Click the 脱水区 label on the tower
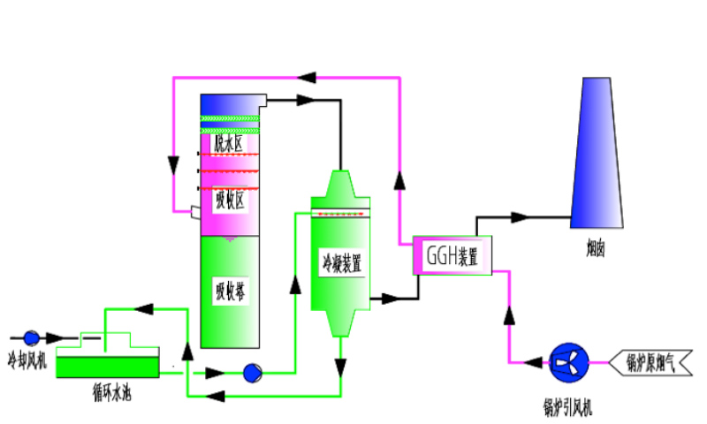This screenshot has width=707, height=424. click(x=227, y=142)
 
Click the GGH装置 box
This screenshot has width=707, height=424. click(x=452, y=256)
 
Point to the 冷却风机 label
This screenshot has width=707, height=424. click(x=26, y=360)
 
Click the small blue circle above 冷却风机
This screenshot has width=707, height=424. click(x=31, y=337)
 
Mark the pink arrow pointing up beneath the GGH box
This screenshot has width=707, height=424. click(x=508, y=314)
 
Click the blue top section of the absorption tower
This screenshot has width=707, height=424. click(x=227, y=104)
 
